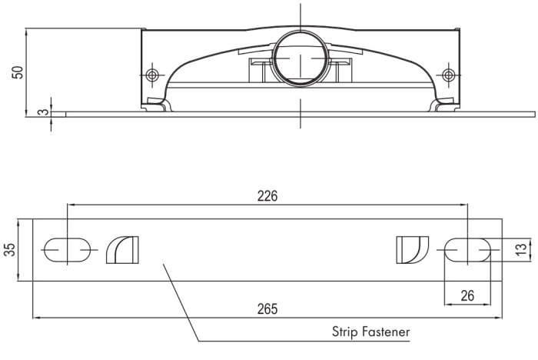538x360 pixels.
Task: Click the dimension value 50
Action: (18, 72)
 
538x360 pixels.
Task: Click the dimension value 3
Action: (44, 112)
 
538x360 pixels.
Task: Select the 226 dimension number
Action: (267, 196)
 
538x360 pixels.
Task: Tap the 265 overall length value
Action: (267, 308)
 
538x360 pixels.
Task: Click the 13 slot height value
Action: (521, 249)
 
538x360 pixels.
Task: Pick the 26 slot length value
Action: (467, 295)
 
